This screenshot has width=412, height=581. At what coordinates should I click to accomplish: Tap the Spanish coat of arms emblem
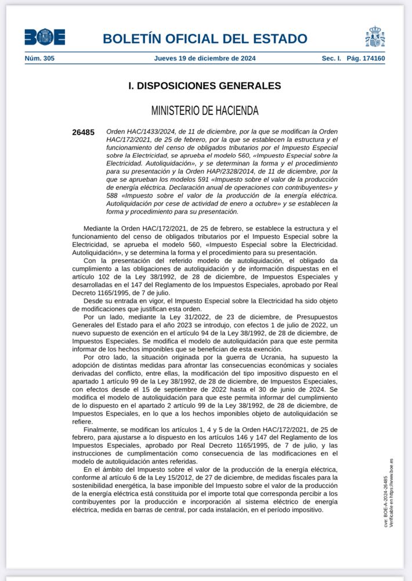pos(375,37)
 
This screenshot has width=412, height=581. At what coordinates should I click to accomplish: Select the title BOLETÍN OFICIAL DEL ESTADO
pos(205,39)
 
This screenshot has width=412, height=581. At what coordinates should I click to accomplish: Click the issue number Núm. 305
pos(39,58)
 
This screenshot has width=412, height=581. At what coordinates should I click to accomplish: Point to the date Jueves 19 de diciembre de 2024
pos(205,58)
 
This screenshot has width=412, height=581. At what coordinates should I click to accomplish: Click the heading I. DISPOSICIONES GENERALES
pos(204,86)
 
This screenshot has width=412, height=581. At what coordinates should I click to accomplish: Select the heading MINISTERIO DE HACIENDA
pos(205,110)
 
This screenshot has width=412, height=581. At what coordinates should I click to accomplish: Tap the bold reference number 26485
pos(83,132)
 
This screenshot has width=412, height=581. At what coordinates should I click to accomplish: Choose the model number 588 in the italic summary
pos(112,196)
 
